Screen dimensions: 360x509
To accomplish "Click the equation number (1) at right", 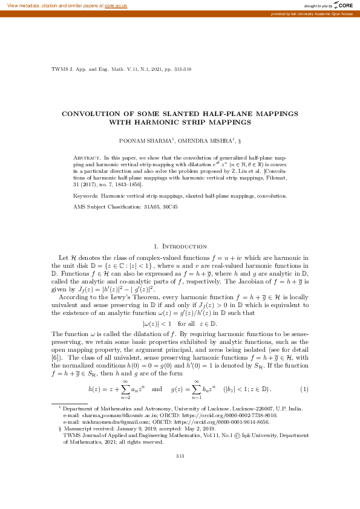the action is pos(304,387).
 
